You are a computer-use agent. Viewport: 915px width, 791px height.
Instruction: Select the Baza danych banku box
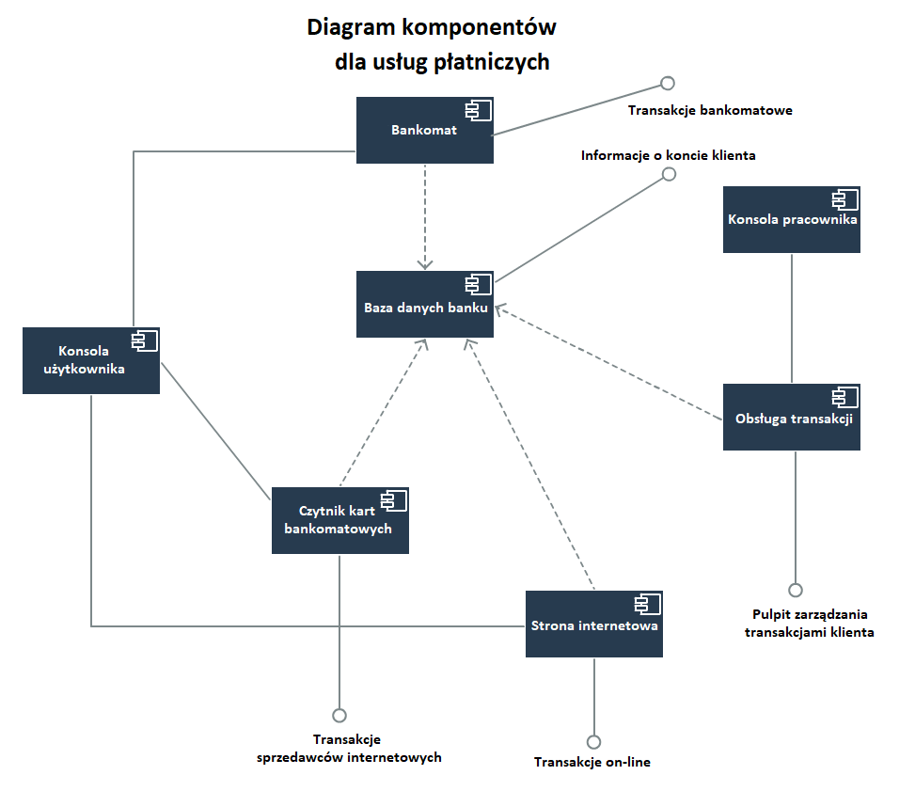click(425, 304)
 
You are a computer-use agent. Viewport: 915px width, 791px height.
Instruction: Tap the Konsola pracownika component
click(792, 219)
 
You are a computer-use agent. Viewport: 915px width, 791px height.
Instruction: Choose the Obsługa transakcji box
click(792, 418)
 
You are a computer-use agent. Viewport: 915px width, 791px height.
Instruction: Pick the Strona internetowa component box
click(594, 624)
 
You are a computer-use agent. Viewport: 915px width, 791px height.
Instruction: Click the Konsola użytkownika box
click(90, 360)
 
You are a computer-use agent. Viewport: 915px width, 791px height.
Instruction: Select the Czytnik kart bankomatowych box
click(339, 520)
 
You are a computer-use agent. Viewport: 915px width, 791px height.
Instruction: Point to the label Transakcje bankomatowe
click(710, 110)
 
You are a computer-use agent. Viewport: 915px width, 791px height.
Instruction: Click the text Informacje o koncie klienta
click(668, 155)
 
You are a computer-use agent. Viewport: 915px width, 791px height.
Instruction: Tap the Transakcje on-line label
click(592, 762)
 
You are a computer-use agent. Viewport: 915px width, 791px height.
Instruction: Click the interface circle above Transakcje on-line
click(593, 741)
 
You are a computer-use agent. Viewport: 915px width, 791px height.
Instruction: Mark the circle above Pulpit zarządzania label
click(796, 591)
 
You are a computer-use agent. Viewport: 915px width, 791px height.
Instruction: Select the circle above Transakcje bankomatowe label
click(668, 80)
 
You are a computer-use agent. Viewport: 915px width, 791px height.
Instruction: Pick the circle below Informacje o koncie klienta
click(669, 174)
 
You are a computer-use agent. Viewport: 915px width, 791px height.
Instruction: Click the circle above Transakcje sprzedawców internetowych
click(339, 716)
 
